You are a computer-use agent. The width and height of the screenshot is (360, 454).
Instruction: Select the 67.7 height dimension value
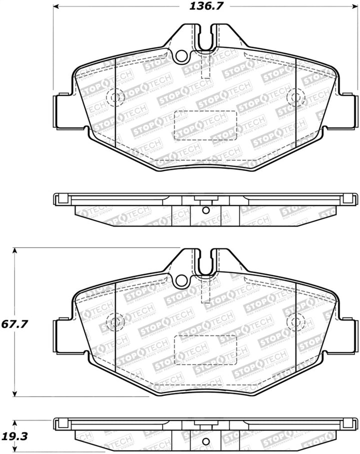tap(14, 324)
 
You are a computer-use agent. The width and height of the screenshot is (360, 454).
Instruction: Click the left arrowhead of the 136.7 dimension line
tap(56, 7)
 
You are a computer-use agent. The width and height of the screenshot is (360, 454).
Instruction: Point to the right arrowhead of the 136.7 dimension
tap(355, 7)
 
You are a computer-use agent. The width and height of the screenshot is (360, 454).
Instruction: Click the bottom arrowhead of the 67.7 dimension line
tap(16, 393)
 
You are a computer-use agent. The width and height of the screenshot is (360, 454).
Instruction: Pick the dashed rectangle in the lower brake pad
tap(204, 349)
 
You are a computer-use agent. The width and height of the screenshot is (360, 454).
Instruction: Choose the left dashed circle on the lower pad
tap(115, 319)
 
